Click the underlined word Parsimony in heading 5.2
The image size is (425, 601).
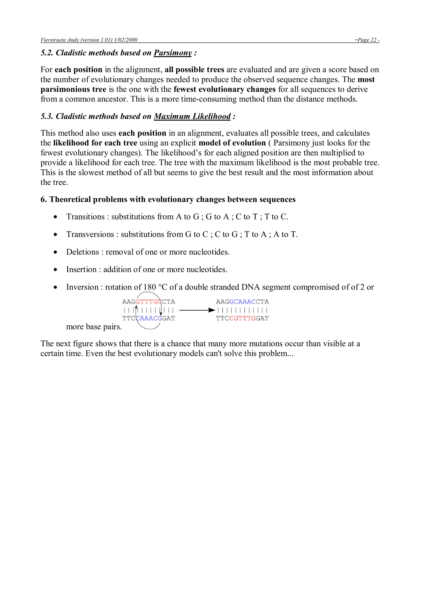(x=173, y=53)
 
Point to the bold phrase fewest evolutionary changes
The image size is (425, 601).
(x=224, y=89)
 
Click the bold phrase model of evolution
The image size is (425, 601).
(x=232, y=143)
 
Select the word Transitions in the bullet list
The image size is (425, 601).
(x=85, y=217)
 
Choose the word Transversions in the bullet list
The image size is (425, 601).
(x=90, y=234)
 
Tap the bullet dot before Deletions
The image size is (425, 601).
(x=55, y=252)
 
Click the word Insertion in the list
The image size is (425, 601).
(x=81, y=269)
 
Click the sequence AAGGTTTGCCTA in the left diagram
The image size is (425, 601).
(x=148, y=302)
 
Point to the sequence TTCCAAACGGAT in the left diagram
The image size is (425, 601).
(x=148, y=319)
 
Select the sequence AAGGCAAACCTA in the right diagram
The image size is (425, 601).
(x=242, y=302)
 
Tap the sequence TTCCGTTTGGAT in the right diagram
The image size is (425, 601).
(x=242, y=319)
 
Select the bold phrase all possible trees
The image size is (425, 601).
(x=194, y=70)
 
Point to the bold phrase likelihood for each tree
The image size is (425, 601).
(x=95, y=143)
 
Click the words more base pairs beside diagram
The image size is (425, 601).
(x=94, y=327)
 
